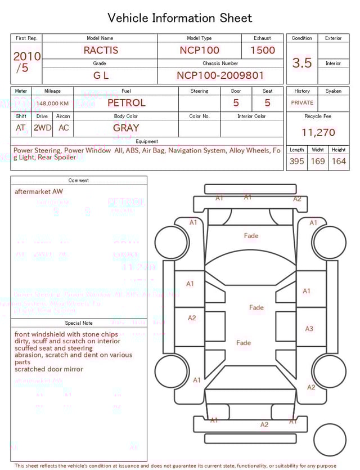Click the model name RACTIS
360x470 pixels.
[x=101, y=50]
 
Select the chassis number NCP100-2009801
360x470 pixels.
[x=220, y=75]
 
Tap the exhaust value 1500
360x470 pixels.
[x=263, y=50]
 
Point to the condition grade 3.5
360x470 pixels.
[x=302, y=62]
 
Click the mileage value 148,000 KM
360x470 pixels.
[x=53, y=104]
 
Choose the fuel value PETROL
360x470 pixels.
[x=126, y=103]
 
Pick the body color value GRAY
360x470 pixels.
[x=126, y=128]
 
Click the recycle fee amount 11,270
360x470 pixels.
[x=318, y=133]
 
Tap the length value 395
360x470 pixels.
[x=296, y=161]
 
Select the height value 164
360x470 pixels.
[x=339, y=161]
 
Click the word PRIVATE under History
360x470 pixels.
[x=302, y=103]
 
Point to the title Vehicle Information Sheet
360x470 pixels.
[x=180, y=18]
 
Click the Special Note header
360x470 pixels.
[x=79, y=323]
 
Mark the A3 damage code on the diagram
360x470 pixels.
[x=309, y=329]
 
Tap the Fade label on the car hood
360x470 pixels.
[x=251, y=236]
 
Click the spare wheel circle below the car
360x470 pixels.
[x=330, y=440]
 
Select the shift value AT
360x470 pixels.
[x=21, y=128]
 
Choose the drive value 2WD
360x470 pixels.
[x=42, y=128]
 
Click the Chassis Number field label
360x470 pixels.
[x=220, y=64]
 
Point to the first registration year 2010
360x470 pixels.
[x=26, y=56]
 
